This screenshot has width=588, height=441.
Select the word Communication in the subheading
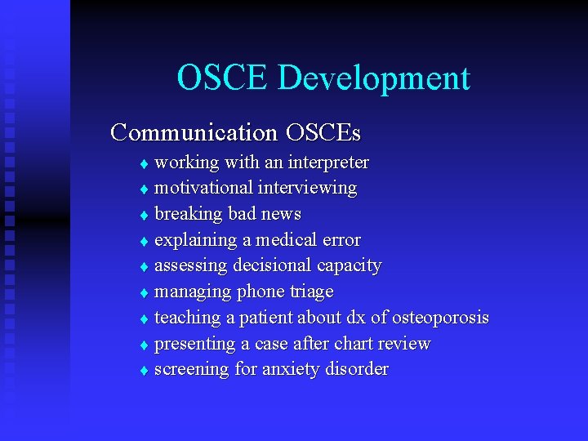pos(194,131)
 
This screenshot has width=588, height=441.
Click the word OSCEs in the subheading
pos(323,131)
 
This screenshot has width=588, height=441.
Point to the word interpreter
pos(326,163)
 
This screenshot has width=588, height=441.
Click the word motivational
pos(203,188)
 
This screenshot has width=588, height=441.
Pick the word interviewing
pos(307,189)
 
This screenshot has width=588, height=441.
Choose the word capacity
pos(350,266)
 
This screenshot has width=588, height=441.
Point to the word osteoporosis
pos(440,318)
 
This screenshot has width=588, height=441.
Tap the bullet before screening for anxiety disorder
pos(144,371)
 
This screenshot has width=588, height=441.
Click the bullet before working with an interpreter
pos(144,163)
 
